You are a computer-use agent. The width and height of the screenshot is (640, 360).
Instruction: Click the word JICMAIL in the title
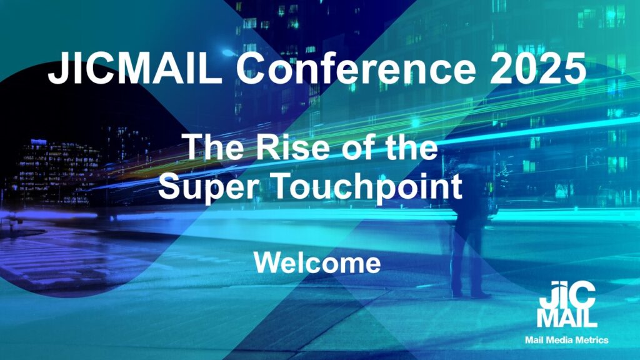[x=135, y=68]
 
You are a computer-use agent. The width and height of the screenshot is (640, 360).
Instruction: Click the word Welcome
[x=317, y=262]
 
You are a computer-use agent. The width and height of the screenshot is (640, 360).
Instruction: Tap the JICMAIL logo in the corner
[x=567, y=304]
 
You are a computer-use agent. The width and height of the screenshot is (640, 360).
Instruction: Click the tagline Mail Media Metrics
[x=566, y=339]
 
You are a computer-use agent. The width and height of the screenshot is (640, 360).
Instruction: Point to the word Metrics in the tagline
[x=593, y=339]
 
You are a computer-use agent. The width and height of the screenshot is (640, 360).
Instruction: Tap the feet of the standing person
[x=472, y=294]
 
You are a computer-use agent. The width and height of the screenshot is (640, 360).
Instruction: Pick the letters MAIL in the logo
[x=567, y=318]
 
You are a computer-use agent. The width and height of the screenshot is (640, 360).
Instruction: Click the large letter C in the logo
[x=581, y=295]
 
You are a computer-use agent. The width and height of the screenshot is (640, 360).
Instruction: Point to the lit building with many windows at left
[x=54, y=172]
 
